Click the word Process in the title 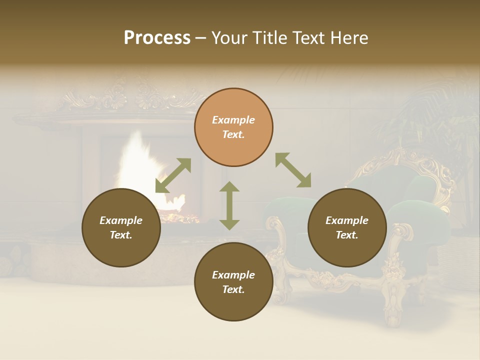click(x=157, y=38)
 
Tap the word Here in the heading click(x=348, y=38)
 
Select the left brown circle click(x=121, y=227)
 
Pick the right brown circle click(x=347, y=227)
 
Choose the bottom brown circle click(x=233, y=281)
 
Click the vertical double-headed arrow click(x=229, y=205)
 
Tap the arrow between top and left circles click(x=173, y=175)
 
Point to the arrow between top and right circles click(x=293, y=170)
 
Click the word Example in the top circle click(x=233, y=120)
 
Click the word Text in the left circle click(x=121, y=235)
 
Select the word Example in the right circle click(x=347, y=220)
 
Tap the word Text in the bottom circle click(x=233, y=289)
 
